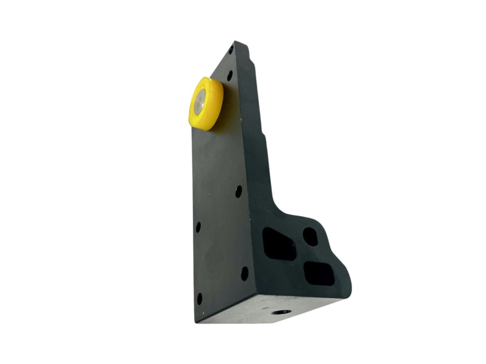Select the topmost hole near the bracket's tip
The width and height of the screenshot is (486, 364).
[231, 49]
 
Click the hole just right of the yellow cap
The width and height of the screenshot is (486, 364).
[230, 75]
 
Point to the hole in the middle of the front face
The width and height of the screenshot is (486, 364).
[238, 191]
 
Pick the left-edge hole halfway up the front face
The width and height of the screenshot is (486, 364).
[198, 227]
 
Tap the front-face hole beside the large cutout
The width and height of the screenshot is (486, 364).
[244, 273]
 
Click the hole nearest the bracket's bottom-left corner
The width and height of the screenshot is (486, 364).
[199, 299]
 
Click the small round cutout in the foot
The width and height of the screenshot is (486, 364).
[310, 236]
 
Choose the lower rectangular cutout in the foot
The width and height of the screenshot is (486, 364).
[319, 273]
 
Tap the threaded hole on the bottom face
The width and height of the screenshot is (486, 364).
[281, 312]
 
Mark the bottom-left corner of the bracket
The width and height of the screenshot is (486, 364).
[196, 321]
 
